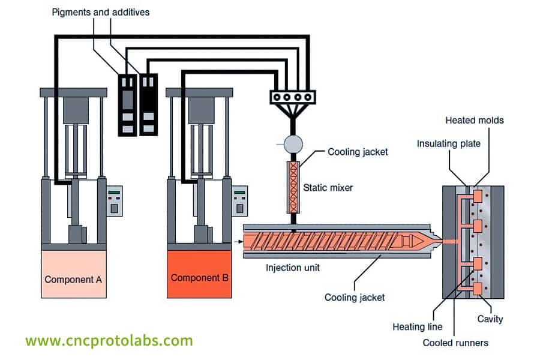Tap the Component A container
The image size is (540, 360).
[73, 274]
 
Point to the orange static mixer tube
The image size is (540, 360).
[294, 187]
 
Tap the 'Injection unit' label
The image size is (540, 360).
[293, 268]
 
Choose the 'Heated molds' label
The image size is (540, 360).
[474, 120]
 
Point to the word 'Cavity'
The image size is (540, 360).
[490, 319]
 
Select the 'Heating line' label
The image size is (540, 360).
[417, 327]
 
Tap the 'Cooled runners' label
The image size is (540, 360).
[455, 343]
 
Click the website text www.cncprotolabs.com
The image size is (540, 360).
[109, 341]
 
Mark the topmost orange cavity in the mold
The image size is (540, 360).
[478, 196]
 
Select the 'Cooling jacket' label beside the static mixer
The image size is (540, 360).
[358, 152]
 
